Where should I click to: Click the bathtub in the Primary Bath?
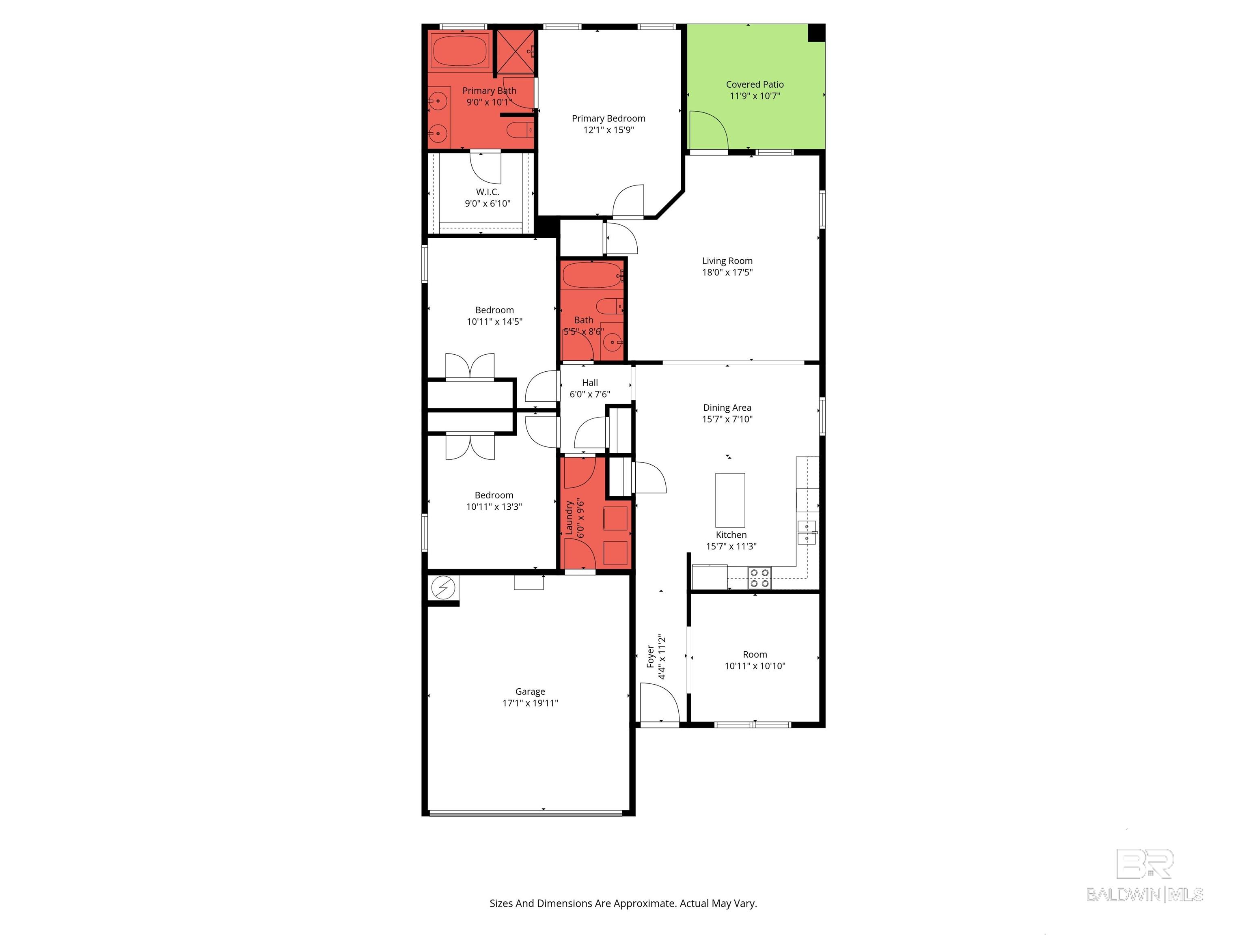click(x=460, y=51)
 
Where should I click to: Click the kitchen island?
click(x=730, y=500)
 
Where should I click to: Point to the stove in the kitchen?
click(x=759, y=578)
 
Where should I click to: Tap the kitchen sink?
click(x=807, y=532)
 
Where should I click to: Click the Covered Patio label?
click(x=755, y=84)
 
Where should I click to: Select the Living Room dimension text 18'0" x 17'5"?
click(x=727, y=272)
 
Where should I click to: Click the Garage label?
click(x=530, y=692)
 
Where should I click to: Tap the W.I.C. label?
click(x=488, y=192)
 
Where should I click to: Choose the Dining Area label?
click(x=727, y=407)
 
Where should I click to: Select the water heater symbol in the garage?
click(x=443, y=588)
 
